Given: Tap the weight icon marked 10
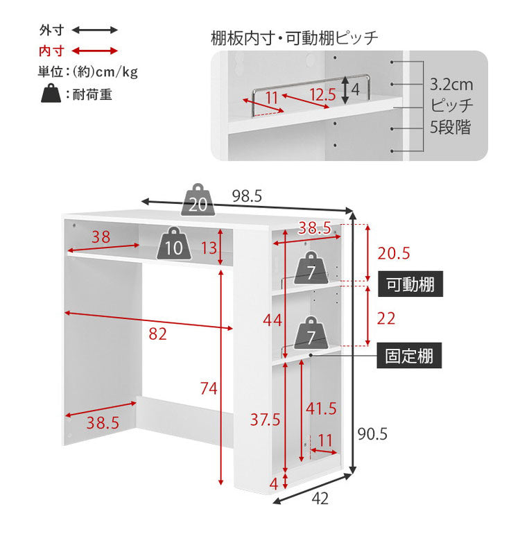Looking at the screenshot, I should pos(175,244).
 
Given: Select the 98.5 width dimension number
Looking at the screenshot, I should pos(247,196).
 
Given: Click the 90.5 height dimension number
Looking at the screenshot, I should pos(372,434).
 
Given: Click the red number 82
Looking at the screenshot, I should pos(158,334).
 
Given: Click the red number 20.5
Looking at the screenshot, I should pos(394,253).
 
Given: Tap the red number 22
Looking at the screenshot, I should pos(387,318).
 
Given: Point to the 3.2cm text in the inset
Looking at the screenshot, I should pos(451,85).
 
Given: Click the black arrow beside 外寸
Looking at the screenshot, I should pos(95,31).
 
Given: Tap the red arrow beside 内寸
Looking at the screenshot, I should pos(95,51).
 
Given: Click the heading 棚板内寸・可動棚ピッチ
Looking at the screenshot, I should pos(295,37).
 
